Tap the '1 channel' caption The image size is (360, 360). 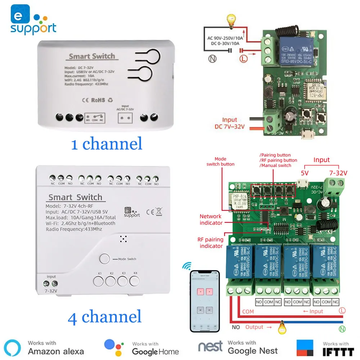coord(107,144)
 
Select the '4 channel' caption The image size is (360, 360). coord(104,317)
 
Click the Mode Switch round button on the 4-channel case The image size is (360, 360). coord(104,259)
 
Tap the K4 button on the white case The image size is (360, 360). coord(135,280)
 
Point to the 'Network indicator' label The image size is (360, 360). coord(211,220)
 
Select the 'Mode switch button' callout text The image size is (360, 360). coord(220,161)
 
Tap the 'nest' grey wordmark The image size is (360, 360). coord(211,347)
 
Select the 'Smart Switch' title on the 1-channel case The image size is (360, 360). coord(92,56)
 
